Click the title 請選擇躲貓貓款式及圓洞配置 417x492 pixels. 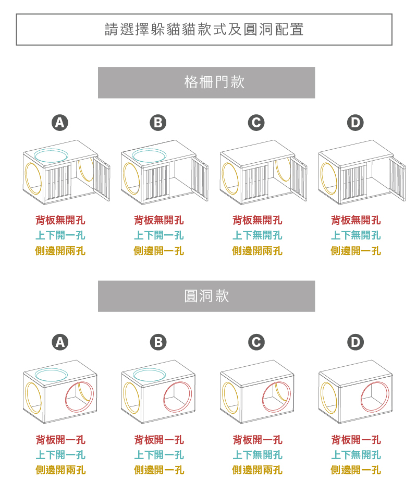click(204, 29)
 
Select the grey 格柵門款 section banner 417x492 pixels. click(206, 82)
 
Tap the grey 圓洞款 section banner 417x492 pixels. click(206, 296)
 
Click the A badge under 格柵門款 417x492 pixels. click(60, 123)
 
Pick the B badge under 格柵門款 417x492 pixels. click(158, 123)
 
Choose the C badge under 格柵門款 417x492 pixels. click(256, 123)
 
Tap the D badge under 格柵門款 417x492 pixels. click(355, 123)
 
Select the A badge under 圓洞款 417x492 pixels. click(60, 342)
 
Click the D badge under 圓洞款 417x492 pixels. click(355, 342)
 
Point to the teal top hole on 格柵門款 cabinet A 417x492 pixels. click(52, 155)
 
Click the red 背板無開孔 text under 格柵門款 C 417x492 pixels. click(257, 220)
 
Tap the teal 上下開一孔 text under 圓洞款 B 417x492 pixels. click(158, 455)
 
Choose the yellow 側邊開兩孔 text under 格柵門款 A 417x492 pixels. click(60, 251)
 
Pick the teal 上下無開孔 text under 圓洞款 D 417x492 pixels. click(355, 455)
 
